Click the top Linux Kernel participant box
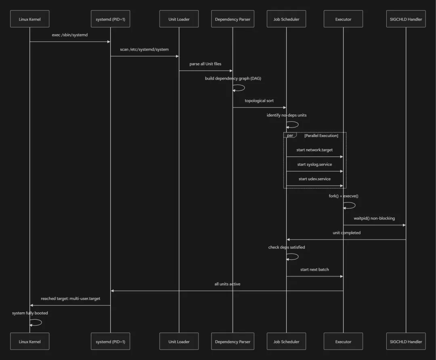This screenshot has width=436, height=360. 30,19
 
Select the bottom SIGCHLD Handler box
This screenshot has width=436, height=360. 406,341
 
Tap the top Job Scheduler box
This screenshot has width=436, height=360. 286,19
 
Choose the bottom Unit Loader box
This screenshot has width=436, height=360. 179,341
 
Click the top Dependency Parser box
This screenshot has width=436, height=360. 233,19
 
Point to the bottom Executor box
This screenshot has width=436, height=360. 343,341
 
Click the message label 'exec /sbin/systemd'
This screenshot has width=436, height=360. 70,35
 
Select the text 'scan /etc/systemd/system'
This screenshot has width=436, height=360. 144,50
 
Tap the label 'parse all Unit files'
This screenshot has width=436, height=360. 205,64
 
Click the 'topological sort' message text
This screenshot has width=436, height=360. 259,101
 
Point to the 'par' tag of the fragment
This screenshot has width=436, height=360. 290,135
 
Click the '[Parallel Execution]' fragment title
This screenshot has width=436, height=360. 321,136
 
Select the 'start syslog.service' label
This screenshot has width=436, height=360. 314,164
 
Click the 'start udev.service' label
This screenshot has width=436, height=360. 314,179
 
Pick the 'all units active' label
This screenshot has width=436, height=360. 227,284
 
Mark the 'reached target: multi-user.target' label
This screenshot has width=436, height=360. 70,299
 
